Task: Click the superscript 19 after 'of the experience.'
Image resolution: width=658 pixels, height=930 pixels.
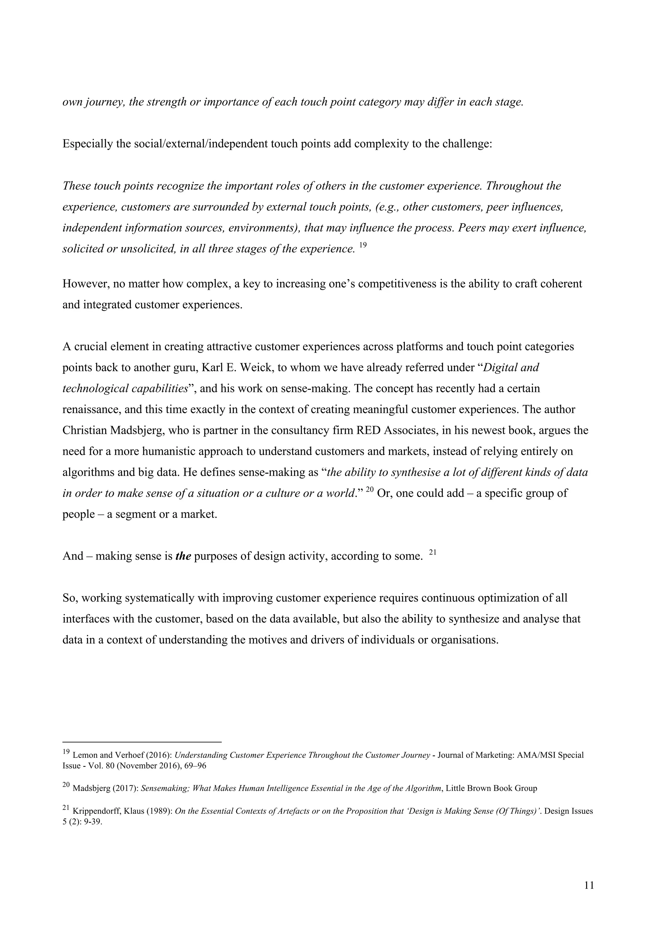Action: [x=363, y=245]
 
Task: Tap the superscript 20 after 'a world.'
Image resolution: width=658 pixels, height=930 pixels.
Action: [x=369, y=490]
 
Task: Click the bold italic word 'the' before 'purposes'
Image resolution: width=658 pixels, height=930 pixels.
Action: [x=183, y=556]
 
